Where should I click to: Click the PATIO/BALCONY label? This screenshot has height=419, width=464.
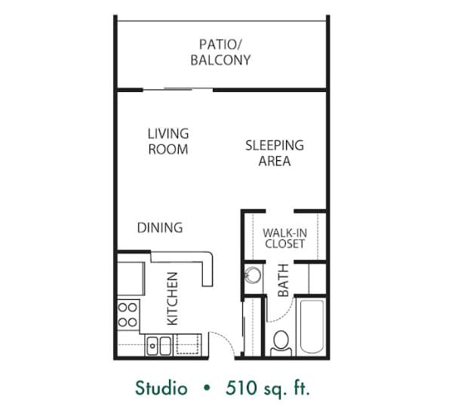point(221,51)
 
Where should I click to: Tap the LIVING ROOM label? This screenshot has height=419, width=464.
point(167,141)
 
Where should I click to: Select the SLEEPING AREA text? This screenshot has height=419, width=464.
point(274,153)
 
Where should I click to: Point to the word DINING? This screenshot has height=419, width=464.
point(159,227)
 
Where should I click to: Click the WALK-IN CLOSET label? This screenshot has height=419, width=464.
point(284,239)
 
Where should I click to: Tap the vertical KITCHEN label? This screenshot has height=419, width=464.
point(172,298)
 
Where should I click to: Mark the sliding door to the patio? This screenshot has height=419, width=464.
point(178,89)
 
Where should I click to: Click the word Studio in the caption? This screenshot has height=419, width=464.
point(161,390)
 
